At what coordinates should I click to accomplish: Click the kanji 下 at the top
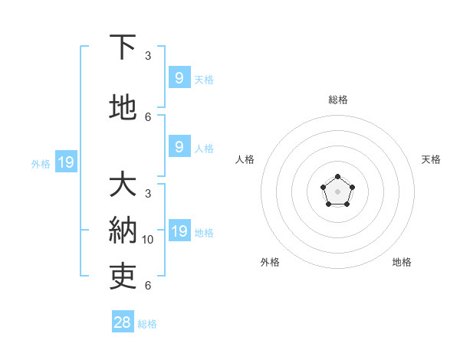pyautogui.click(x=123, y=47)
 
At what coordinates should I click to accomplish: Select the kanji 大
pyautogui.click(x=123, y=185)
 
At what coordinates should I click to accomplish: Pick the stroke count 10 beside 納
pyautogui.click(x=148, y=240)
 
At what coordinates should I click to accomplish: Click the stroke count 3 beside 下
pyautogui.click(x=148, y=56)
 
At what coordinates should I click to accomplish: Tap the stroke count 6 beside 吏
pyautogui.click(x=148, y=286)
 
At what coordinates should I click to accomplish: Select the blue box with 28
pyautogui.click(x=123, y=322)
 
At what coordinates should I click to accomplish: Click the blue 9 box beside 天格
pyautogui.click(x=179, y=77)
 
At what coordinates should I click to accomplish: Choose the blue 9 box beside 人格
pyautogui.click(x=179, y=147)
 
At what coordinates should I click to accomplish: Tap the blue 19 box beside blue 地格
pyautogui.click(x=179, y=231)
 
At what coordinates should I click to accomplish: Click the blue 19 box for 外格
pyautogui.click(x=65, y=162)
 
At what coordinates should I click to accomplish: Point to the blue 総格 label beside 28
pyautogui.click(x=147, y=324)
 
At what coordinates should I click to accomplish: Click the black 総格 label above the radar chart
pyautogui.click(x=337, y=100)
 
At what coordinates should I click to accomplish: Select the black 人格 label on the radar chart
pyautogui.click(x=245, y=159)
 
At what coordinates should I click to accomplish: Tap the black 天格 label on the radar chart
pyautogui.click(x=431, y=159)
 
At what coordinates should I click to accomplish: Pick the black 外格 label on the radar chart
pyautogui.click(x=270, y=262)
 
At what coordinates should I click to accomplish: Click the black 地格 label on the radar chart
pyautogui.click(x=402, y=262)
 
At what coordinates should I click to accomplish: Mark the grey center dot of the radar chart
pyautogui.click(x=337, y=191)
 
